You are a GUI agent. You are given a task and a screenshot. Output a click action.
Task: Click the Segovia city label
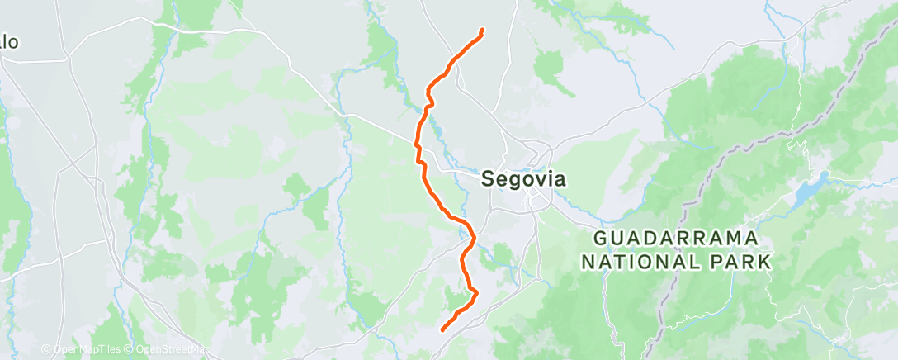click(523, 178)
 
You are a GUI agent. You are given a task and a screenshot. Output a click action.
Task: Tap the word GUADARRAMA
click(676, 239)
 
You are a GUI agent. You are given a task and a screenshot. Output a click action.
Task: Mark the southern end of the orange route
click(443, 330)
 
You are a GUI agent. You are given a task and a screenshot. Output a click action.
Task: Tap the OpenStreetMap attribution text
click(168, 350)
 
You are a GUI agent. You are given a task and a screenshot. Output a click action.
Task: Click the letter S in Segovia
click(487, 178)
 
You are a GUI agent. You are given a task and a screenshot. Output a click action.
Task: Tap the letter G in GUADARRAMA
click(601, 239)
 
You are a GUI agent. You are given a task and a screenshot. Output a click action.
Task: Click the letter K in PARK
click(765, 262)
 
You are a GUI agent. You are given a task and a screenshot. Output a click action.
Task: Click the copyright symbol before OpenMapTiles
click(46, 350)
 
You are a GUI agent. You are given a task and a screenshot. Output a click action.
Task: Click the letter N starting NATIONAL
click(588, 262)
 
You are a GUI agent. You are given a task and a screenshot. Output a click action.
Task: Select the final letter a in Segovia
click(560, 178)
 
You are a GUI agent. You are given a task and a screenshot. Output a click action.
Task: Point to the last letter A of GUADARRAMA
click(752, 239)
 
